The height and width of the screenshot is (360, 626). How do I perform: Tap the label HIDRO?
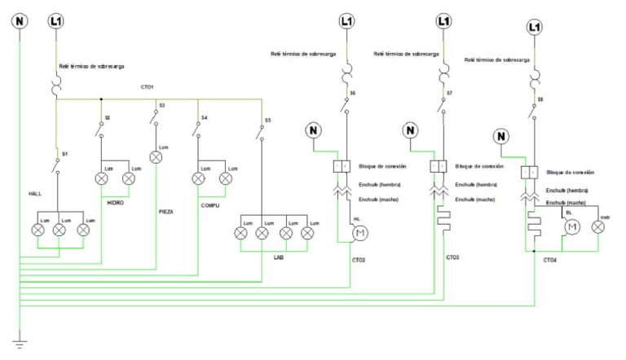coord(115,203)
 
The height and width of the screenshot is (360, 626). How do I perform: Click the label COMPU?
coord(210,206)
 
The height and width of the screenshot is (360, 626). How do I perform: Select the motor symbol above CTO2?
coord(357,235)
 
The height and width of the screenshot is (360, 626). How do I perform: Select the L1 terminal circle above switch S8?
coord(534,28)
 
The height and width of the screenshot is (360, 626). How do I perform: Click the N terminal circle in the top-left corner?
coord(19,20)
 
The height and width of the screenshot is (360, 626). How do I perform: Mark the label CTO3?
coord(453,257)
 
